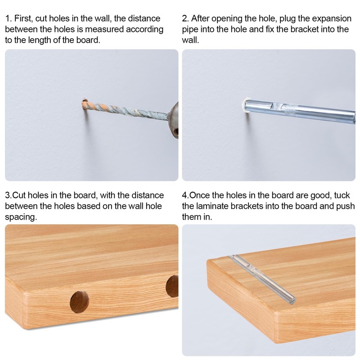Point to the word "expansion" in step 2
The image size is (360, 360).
pyautogui.click(x=329, y=19)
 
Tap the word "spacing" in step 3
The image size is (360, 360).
pyautogui.click(x=21, y=216)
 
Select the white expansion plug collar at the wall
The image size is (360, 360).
pyautogui.click(x=245, y=104)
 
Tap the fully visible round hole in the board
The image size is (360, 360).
pyautogui.click(x=79, y=301)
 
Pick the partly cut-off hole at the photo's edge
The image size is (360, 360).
pyautogui.click(x=172, y=286)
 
